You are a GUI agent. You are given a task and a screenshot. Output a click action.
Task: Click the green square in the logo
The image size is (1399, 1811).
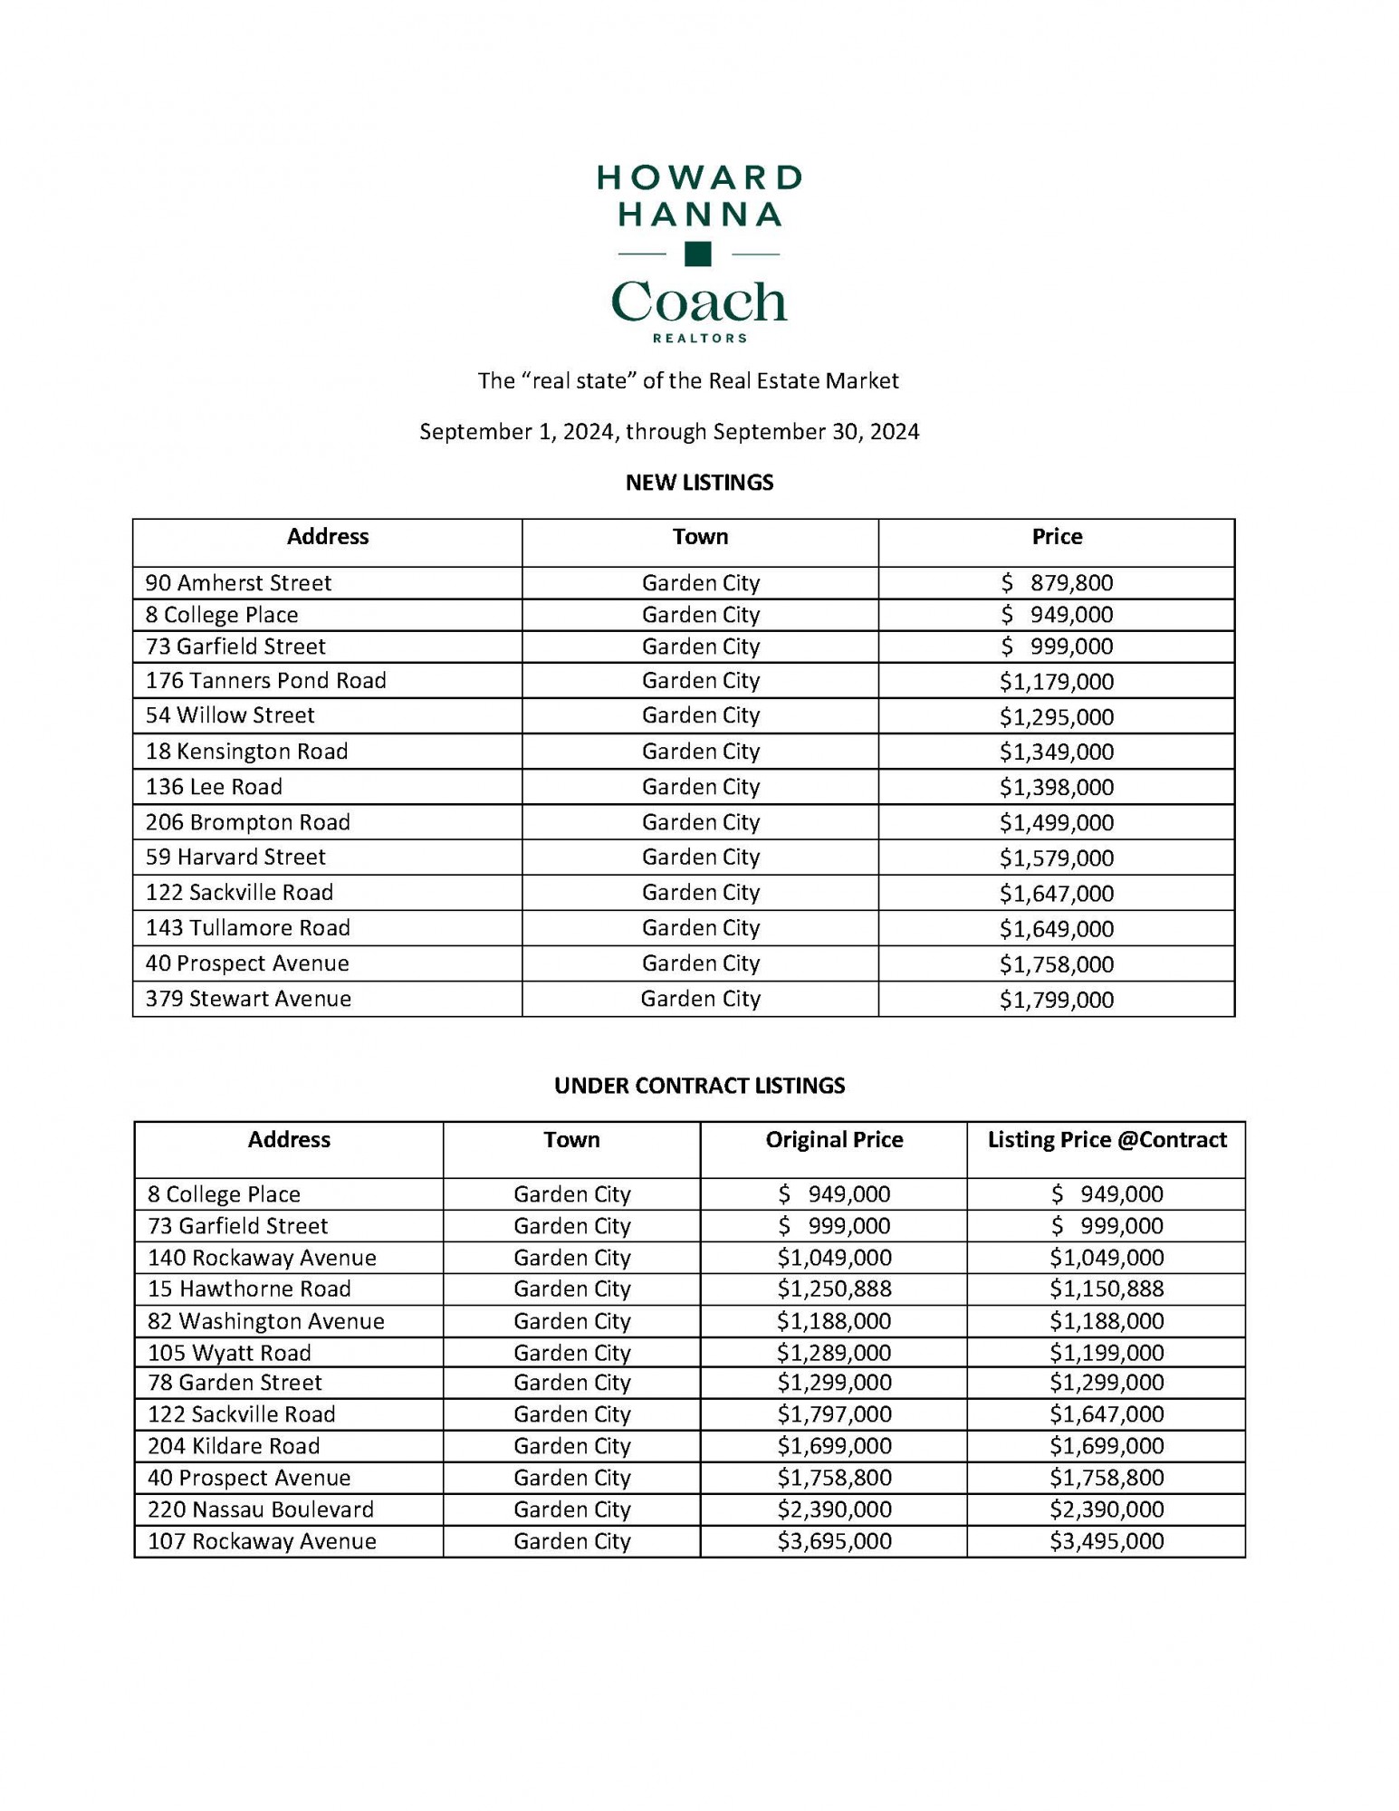click(x=697, y=254)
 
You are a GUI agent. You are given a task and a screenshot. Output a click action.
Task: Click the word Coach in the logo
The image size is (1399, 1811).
click(x=698, y=302)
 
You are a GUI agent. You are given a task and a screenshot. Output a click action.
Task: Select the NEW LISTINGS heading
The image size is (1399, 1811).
click(x=699, y=483)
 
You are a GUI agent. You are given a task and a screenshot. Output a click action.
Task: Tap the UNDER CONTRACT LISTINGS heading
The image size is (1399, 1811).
click(x=699, y=1086)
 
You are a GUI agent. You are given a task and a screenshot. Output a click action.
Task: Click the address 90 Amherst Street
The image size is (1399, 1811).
click(x=238, y=583)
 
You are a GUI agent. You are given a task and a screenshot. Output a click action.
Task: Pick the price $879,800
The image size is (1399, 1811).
click(x=1056, y=583)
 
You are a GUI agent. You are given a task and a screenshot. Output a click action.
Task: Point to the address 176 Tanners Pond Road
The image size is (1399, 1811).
click(x=265, y=681)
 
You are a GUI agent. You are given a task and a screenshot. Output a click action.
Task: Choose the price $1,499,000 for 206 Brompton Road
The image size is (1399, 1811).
click(x=1056, y=823)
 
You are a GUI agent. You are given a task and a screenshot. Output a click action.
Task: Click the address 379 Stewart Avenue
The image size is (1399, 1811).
click(x=248, y=1000)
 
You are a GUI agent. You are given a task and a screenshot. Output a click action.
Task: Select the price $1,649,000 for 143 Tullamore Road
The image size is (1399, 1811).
click(x=1056, y=929)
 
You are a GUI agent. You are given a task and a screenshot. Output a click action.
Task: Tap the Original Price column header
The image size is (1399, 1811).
click(x=834, y=1140)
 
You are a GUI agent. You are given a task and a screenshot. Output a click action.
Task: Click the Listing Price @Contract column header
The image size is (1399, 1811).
click(x=1107, y=1140)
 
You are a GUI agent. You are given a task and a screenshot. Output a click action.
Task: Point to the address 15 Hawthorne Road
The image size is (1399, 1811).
click(x=249, y=1289)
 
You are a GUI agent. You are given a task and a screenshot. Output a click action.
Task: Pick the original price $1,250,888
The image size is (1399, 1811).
click(x=834, y=1289)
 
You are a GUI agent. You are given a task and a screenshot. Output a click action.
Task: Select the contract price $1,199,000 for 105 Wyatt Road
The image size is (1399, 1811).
click(x=1107, y=1354)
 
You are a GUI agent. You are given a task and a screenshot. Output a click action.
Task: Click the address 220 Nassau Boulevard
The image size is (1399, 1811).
click(x=261, y=1510)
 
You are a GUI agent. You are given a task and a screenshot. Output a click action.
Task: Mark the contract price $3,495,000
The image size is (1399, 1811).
click(x=1107, y=1542)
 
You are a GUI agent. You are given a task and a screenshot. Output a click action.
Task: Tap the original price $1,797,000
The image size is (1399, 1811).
click(x=834, y=1415)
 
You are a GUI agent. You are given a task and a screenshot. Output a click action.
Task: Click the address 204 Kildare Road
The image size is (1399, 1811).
click(x=234, y=1447)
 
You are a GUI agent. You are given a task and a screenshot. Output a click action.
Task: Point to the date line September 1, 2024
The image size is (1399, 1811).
click(x=669, y=432)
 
